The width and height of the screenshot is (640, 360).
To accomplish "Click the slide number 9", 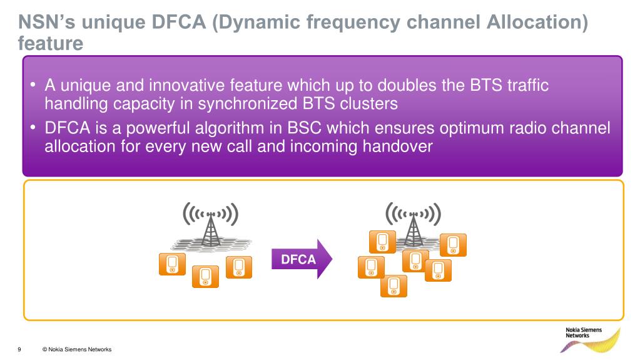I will tap(20, 349).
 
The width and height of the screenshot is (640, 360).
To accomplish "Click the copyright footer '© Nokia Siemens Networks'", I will tap(76, 349).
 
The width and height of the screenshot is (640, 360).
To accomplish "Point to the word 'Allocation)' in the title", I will tap(536, 23).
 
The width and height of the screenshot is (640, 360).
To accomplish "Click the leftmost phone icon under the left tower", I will tap(172, 264).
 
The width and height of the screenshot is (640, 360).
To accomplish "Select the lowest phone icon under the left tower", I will tap(205, 276).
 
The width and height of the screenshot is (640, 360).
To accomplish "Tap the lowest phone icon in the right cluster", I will tap(394, 286).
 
